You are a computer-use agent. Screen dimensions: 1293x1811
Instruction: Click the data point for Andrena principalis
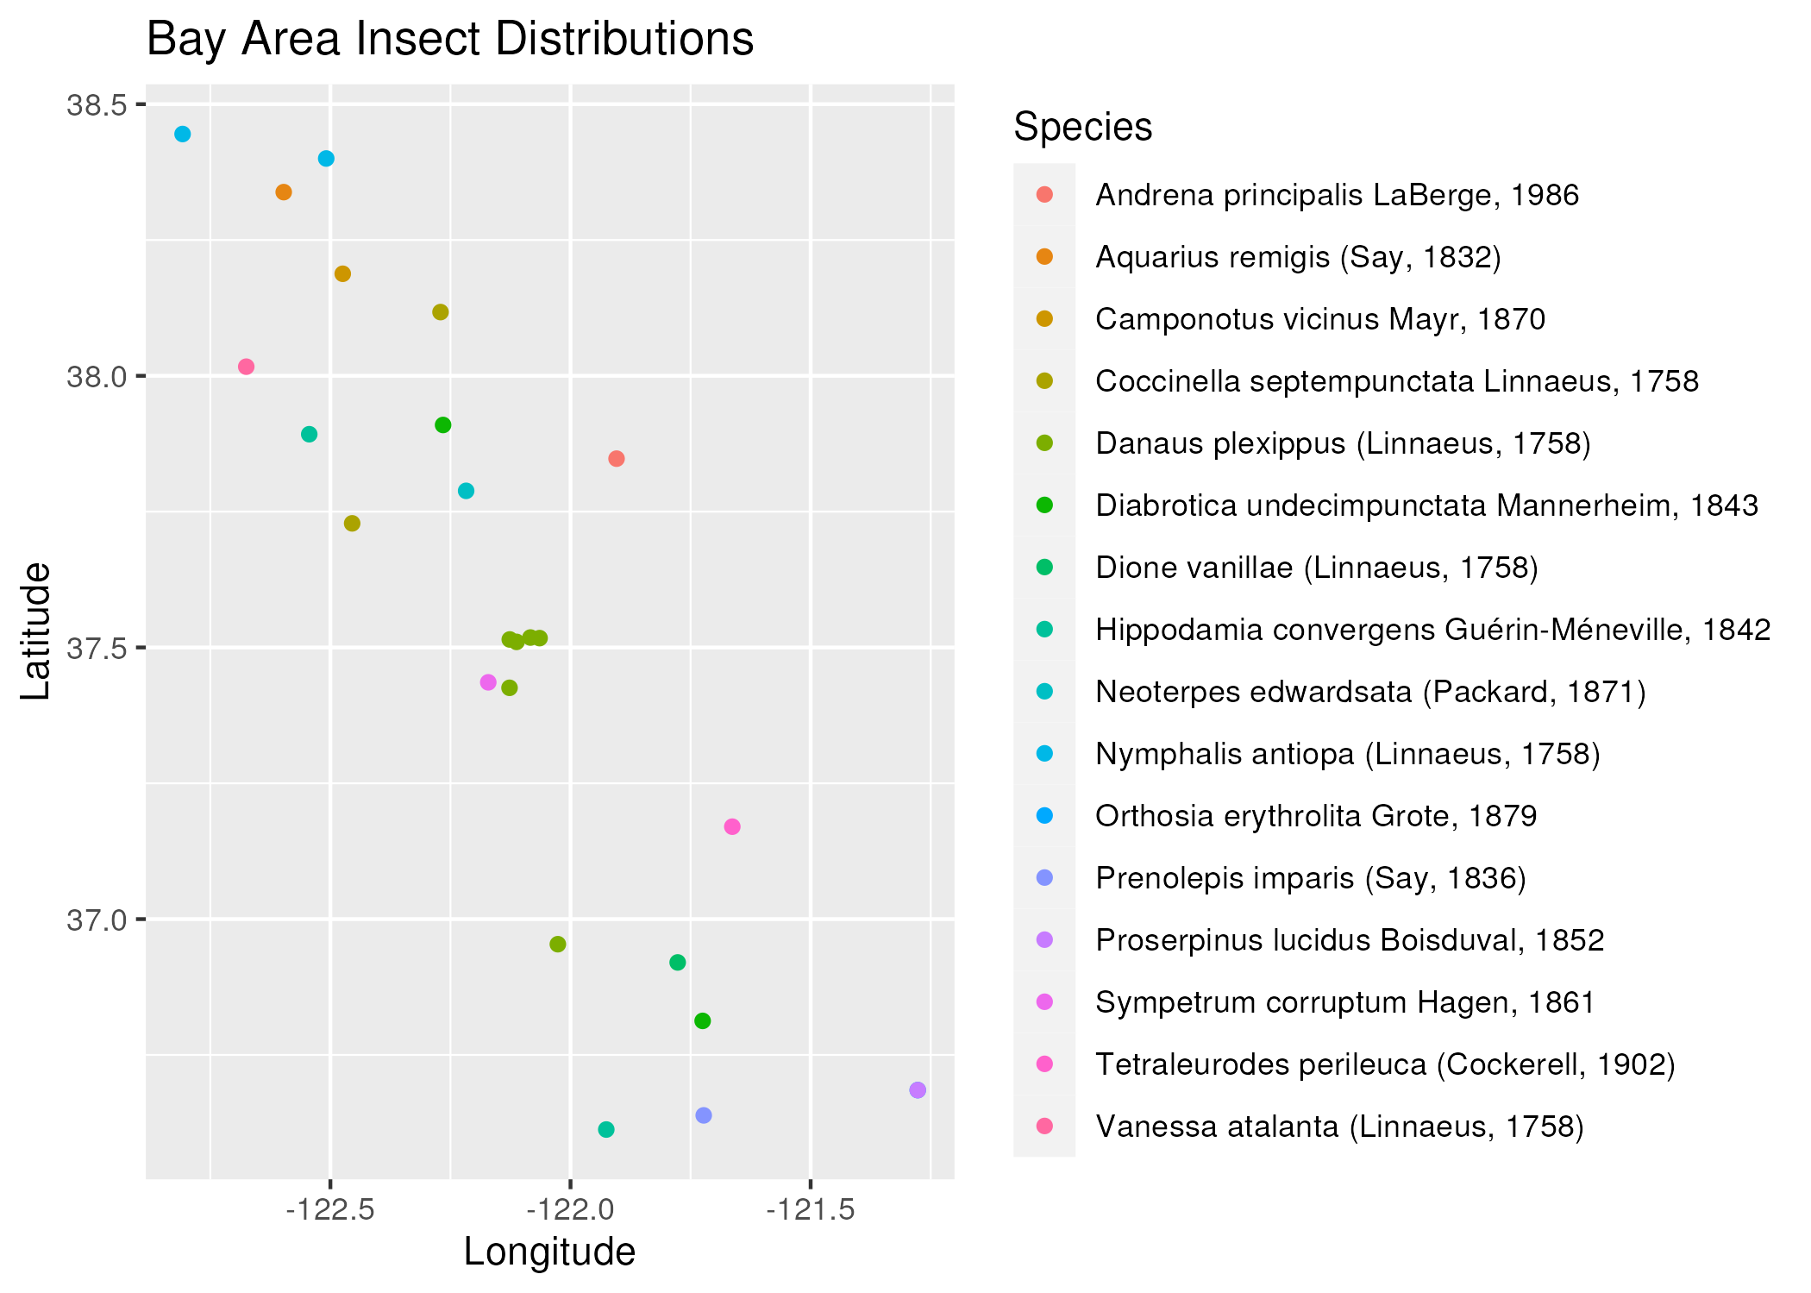tap(616, 459)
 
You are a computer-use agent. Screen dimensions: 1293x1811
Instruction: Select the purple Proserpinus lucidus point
tap(918, 1090)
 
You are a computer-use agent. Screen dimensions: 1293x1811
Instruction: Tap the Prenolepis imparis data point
tap(704, 1115)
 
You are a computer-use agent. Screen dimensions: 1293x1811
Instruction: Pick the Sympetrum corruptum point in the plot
tap(488, 682)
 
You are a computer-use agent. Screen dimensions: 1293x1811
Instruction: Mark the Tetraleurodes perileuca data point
tap(732, 827)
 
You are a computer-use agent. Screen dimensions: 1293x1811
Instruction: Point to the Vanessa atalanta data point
tap(246, 367)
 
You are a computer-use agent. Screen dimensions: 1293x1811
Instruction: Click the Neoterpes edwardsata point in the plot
tap(466, 491)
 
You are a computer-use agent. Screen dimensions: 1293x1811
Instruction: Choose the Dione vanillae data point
tap(678, 963)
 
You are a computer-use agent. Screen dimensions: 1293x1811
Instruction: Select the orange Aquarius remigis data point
tap(284, 192)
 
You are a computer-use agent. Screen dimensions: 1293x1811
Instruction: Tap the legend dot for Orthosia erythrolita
tap(1044, 815)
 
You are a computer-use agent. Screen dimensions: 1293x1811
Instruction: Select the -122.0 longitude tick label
tap(571, 1210)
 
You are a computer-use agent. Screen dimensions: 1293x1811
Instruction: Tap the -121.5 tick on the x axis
tap(811, 1210)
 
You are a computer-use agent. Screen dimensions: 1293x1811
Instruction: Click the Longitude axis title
tap(549, 1252)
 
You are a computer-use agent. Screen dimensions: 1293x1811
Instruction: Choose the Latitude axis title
tap(36, 631)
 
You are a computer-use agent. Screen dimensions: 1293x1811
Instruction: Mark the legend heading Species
tap(1082, 127)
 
